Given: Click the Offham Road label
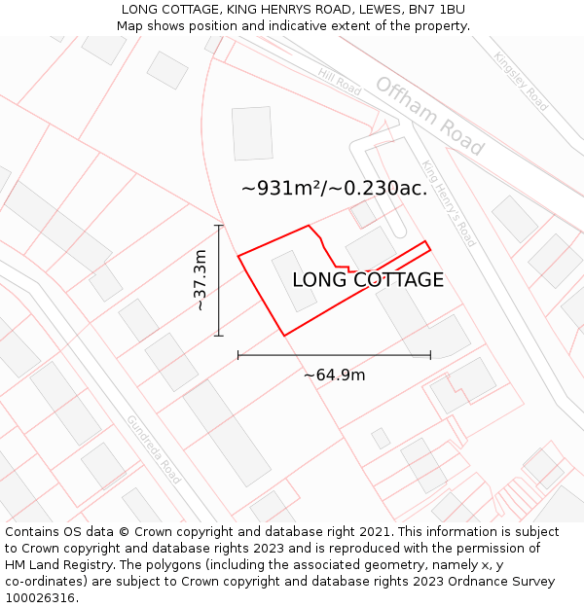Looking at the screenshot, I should [x=429, y=116].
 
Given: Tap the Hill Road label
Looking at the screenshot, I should [x=340, y=81].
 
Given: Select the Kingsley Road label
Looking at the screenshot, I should [x=521, y=81].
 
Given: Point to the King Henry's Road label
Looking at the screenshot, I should [x=449, y=203].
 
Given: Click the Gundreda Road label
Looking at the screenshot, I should [x=153, y=449].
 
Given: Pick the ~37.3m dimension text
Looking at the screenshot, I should [x=201, y=280].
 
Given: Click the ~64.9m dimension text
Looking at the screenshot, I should [x=334, y=375].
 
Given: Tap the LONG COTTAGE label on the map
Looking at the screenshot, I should [x=368, y=280].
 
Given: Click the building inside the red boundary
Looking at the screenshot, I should [x=293, y=280].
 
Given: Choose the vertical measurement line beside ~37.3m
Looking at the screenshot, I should [x=218, y=280].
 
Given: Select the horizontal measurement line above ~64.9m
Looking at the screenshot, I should [x=334, y=355].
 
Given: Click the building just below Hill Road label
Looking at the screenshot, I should [x=253, y=133].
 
